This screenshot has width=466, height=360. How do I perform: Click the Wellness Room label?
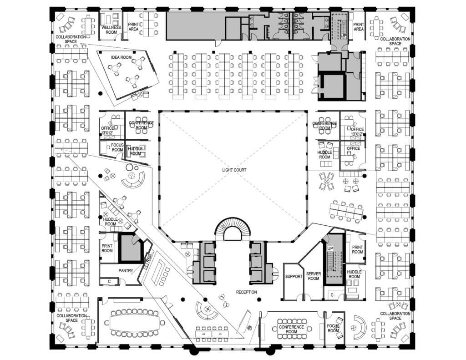(111, 30)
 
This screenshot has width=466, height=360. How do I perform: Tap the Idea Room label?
(121, 57)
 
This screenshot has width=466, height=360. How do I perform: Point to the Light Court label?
(234, 170)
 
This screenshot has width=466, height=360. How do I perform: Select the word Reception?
(246, 292)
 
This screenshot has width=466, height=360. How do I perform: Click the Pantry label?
(126, 271)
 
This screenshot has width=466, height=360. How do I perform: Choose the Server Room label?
(314, 276)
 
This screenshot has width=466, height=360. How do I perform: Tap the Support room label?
(294, 276)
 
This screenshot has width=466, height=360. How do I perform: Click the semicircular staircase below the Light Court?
(233, 223)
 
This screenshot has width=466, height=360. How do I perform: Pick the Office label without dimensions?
(353, 148)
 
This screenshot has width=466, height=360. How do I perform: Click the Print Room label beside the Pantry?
(107, 248)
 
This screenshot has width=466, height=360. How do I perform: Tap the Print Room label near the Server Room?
(358, 249)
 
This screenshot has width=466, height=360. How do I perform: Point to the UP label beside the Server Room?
(330, 248)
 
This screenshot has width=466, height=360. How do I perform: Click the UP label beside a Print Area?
(344, 36)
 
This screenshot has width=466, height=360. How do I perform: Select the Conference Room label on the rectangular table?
(292, 329)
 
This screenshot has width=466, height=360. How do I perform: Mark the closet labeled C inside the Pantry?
(109, 281)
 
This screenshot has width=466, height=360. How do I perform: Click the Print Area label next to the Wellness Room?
(133, 27)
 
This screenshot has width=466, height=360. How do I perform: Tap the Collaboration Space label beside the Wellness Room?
(71, 39)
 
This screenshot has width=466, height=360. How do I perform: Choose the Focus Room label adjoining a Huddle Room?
(117, 147)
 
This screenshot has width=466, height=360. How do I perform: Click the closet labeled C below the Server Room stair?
(332, 295)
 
